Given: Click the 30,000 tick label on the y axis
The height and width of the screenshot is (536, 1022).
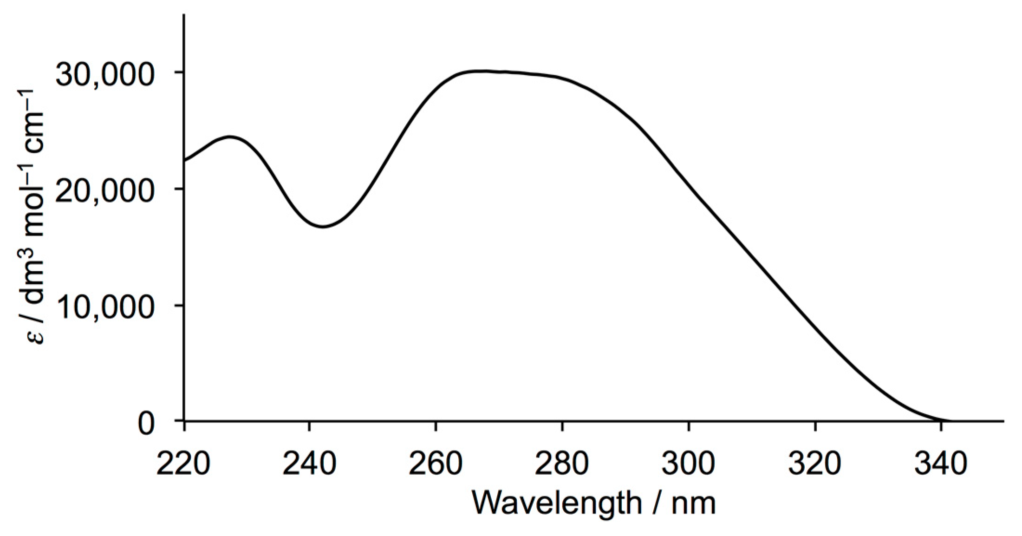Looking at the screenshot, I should (104, 75).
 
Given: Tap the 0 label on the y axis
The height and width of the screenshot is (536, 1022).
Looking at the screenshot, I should (146, 424).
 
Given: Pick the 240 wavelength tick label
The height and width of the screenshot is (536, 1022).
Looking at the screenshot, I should (309, 464).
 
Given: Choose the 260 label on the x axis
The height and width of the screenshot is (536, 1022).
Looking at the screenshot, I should (436, 464).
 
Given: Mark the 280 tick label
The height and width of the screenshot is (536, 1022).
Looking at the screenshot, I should (562, 464).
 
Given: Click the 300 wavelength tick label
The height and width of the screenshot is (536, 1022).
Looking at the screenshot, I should (689, 464).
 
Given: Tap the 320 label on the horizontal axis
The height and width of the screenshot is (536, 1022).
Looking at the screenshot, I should (815, 464).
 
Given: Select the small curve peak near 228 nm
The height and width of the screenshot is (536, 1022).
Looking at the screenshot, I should (230, 137).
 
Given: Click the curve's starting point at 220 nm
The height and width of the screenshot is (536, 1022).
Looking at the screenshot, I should (185, 161).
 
